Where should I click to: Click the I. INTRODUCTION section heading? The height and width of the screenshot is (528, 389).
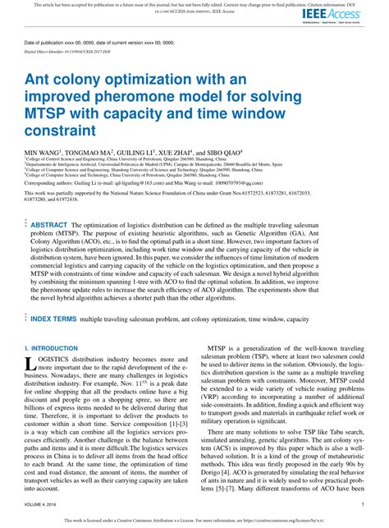pyautogui.click(x=51, y=348)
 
